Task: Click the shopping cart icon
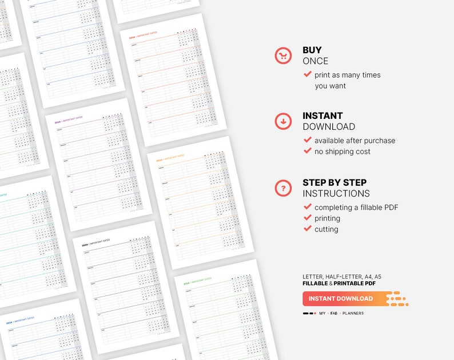click(x=283, y=55)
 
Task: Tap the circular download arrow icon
click(x=283, y=121)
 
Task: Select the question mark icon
click(x=283, y=187)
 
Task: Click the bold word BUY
click(x=312, y=50)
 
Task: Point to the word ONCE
click(x=316, y=61)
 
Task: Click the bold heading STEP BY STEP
click(x=334, y=183)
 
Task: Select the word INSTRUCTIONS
click(x=336, y=194)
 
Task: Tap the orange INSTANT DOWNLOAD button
click(x=341, y=298)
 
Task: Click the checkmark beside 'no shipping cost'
click(x=308, y=151)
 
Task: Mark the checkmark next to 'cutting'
click(x=308, y=229)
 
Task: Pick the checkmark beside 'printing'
click(x=308, y=218)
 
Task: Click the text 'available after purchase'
click(x=355, y=141)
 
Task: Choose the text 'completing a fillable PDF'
click(x=356, y=207)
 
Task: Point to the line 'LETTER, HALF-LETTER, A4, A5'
click(x=342, y=277)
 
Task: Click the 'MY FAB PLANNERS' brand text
click(x=341, y=313)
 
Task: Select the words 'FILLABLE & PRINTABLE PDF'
click(x=339, y=283)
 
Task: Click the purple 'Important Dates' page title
click(x=69, y=120)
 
